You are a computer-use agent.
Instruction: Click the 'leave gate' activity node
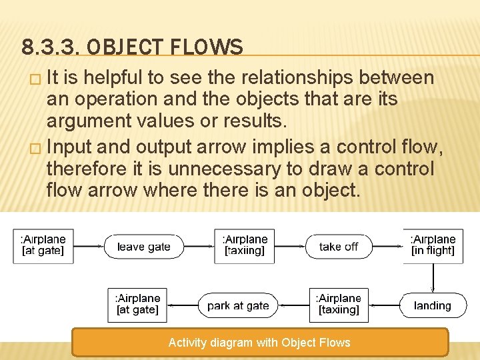coord(144,247)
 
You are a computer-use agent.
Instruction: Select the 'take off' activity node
coord(338,247)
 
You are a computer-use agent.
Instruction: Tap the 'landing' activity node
coord(433,305)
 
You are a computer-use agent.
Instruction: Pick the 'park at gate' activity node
coord(238,305)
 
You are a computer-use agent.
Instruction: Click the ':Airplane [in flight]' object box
coord(433,245)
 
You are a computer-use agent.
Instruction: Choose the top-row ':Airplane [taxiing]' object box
coord(245,245)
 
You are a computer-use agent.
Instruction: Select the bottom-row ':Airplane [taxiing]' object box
coord(339,305)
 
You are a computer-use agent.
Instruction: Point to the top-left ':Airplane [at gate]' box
coord(43,245)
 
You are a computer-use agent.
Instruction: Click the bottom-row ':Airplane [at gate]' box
coord(137,305)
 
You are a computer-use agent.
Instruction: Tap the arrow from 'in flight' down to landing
coord(433,277)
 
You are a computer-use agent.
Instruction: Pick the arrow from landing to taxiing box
coord(384,305)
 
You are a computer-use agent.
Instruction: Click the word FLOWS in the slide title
coord(207,48)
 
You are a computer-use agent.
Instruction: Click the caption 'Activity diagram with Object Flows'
coord(259,343)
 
